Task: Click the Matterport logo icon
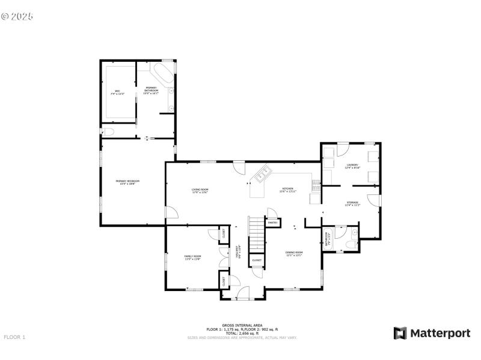pyautogui.click(x=400, y=333)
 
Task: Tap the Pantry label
pyautogui.click(x=272, y=223)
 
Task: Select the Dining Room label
pyautogui.click(x=294, y=253)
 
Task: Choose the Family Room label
pyautogui.click(x=192, y=257)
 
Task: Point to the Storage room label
pyautogui.click(x=352, y=203)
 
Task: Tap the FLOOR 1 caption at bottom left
pyautogui.click(x=14, y=337)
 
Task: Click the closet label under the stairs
pyautogui.click(x=257, y=260)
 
